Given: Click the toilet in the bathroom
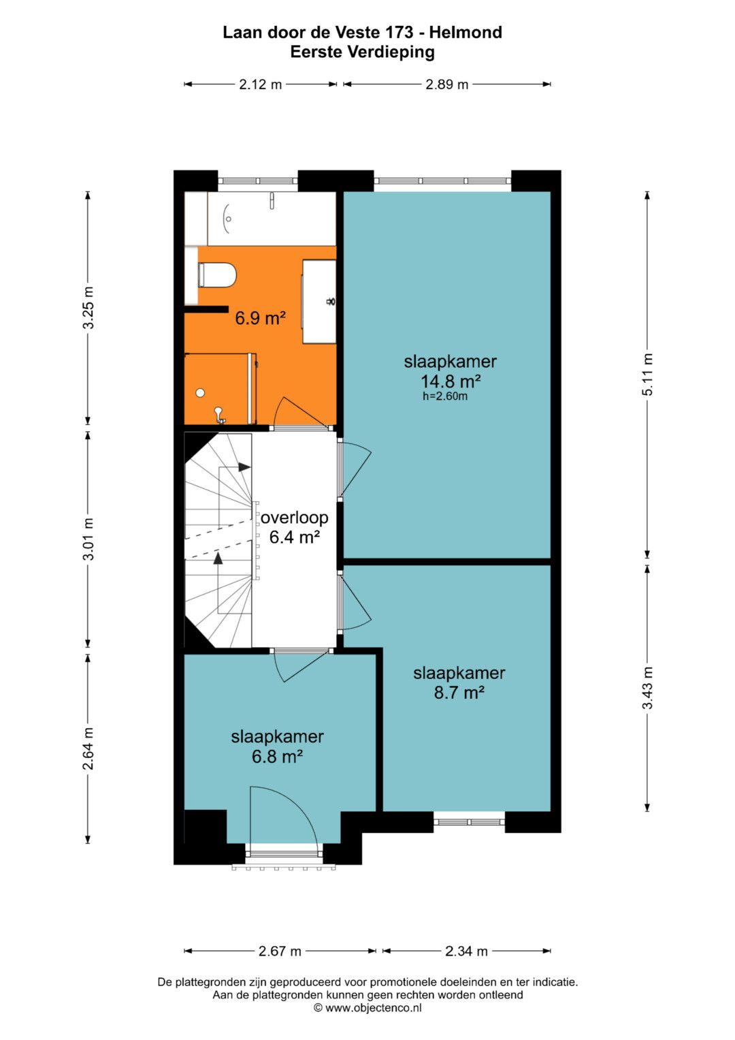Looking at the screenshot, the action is pos(216,275).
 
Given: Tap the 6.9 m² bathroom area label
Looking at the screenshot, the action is pos(260,319).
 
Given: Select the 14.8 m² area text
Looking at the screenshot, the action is pos(450,381).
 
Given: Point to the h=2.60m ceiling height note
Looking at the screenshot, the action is pos(444,396).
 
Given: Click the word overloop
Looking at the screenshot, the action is pos(294,517).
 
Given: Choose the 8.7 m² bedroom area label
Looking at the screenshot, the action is pos(459,693).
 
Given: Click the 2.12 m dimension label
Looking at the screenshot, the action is pos(260,84).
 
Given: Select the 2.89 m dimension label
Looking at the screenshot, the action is pos(447,84).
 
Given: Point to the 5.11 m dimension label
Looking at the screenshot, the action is pos(648,374).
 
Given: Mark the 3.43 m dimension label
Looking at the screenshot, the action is pos(648,688).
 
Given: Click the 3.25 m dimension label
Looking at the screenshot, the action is pos(88,307).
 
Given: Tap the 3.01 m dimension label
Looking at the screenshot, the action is pos(88,539).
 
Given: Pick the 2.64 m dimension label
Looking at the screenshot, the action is pos(88,749).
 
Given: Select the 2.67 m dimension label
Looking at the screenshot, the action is pos(280,951).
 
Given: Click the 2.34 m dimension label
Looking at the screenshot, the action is pos(466,951).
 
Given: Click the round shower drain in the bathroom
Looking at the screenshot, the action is pos(200,393).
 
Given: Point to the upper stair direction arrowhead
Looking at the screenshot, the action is pos(244,467).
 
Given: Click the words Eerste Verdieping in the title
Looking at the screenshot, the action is pos(362,52).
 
